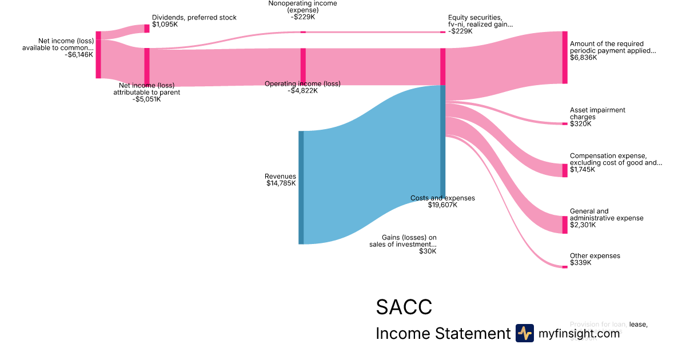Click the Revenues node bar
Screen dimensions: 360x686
coord(301,187)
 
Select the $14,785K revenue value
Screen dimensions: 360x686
coord(281,183)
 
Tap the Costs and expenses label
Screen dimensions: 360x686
coord(442,198)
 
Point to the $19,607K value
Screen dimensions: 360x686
coord(442,205)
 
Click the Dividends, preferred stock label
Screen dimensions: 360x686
coord(194,18)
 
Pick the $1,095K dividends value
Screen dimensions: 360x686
coord(165,25)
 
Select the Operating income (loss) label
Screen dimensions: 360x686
coord(302,84)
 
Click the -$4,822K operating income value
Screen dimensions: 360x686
coord(302,91)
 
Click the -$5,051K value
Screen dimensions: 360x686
coord(146,99)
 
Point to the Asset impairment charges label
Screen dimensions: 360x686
coord(597,113)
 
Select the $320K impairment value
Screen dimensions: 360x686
coord(581,124)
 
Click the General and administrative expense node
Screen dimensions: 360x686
coord(565,225)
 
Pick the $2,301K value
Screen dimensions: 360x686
coord(583,225)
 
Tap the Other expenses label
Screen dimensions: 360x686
coord(595,256)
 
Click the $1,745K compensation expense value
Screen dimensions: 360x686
coord(583,170)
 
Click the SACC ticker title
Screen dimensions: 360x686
coord(404,307)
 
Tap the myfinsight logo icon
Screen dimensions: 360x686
coord(524,333)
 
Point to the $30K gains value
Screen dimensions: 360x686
coord(427,251)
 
